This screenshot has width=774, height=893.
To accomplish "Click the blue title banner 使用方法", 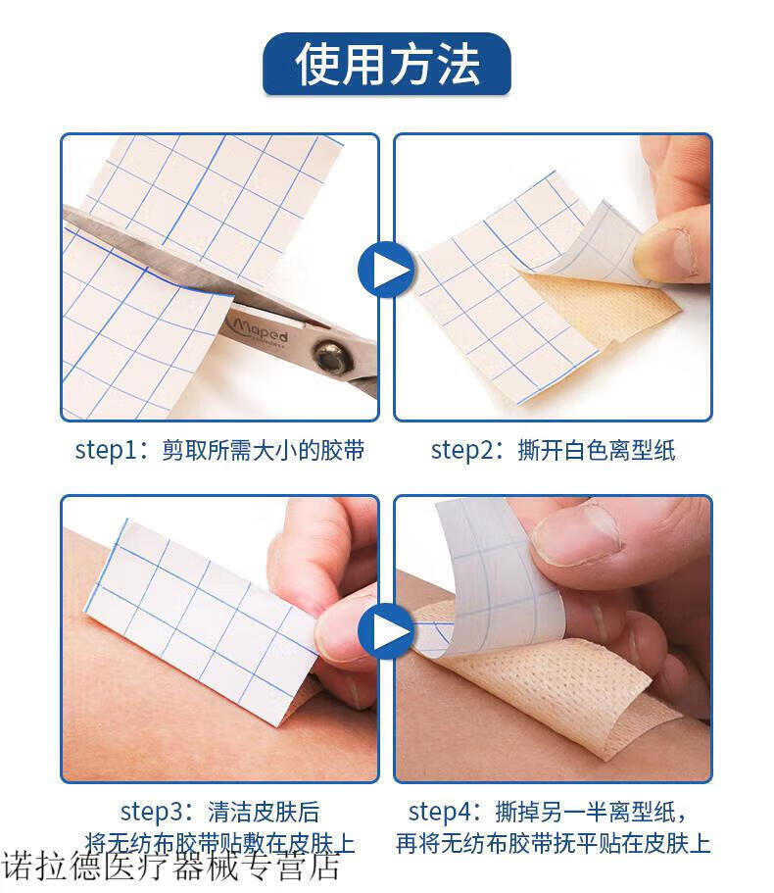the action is click(x=386, y=64).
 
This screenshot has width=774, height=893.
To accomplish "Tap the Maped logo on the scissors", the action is click(x=259, y=331).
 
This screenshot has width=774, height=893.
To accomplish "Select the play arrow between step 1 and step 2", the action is click(x=386, y=270).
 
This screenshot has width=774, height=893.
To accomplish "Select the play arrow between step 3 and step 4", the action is click(x=386, y=631).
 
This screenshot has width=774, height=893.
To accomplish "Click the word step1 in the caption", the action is click(x=106, y=450).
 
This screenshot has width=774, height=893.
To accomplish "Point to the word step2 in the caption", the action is click(x=461, y=450).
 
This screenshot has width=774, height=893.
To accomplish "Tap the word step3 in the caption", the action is click(x=151, y=812).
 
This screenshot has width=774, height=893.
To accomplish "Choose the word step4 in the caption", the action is click(x=439, y=812).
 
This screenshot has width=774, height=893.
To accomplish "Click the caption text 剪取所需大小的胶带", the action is click(x=263, y=450).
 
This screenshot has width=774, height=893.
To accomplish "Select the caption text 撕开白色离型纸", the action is click(x=596, y=450).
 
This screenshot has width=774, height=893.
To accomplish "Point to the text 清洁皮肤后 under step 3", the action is click(x=264, y=812).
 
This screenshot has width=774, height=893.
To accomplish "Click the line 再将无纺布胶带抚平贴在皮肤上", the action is click(x=554, y=843).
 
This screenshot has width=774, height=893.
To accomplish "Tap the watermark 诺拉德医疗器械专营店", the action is click(x=170, y=866).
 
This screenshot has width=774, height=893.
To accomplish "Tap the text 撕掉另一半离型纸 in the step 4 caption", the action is click(x=585, y=812).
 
